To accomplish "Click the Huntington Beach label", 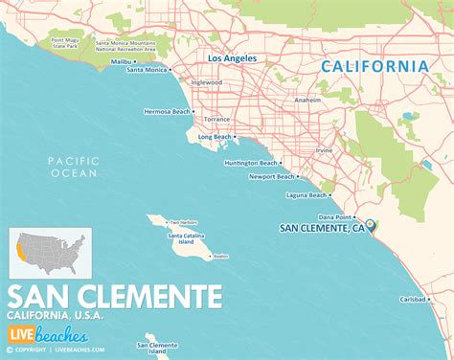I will pos(236,163).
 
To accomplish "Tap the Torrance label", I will pos(218,118).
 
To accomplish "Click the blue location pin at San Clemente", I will pos(371,225).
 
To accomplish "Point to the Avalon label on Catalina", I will pos(220,256).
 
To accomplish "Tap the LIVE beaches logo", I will pos(49,335).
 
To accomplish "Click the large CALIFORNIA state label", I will pos(374,66).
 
